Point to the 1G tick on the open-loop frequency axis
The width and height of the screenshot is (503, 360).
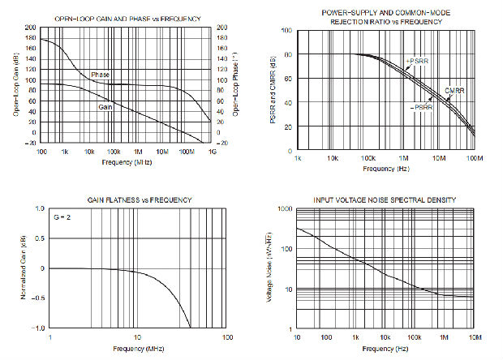click(213, 152)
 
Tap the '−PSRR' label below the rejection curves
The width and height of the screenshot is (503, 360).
click(421, 106)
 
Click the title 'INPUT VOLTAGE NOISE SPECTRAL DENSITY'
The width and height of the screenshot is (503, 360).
click(385, 199)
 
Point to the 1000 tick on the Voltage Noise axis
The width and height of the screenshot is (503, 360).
click(286, 209)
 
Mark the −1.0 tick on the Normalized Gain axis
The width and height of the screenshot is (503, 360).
click(39, 328)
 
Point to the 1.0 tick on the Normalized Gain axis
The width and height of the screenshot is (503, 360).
click(41, 209)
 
